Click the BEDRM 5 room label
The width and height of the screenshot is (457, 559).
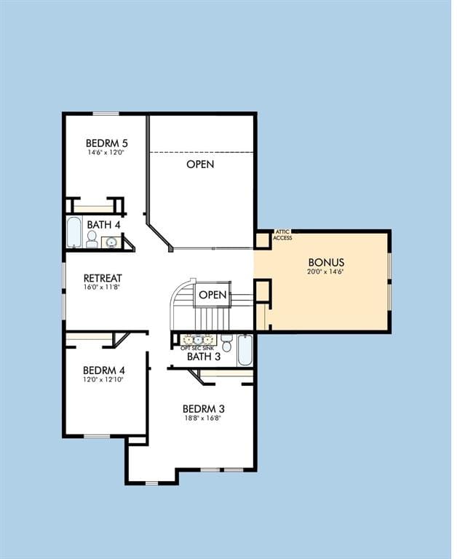coord(106,143)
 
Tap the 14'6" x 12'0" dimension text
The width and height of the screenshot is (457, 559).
coord(106,152)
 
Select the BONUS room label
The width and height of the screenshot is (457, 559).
coord(326,262)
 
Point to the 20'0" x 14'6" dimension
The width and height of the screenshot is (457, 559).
coord(325,271)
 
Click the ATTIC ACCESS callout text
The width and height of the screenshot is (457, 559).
coord(283,235)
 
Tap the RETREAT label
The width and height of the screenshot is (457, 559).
coord(103,278)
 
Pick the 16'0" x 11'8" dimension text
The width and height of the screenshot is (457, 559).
coord(101,287)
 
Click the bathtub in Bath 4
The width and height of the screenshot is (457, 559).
coord(74,231)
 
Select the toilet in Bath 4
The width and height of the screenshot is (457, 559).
coord(92,239)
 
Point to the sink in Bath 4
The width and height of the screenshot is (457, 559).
coord(111,242)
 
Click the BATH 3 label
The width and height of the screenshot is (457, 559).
coord(204,357)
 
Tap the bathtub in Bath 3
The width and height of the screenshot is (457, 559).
coord(245,350)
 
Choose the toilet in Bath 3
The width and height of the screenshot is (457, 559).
coord(226,343)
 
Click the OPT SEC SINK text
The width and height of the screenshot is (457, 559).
coord(197,349)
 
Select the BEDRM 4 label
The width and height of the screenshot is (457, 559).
coord(104,370)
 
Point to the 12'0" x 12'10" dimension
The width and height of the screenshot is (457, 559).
coord(103,380)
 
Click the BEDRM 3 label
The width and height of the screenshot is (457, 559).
coord(204,409)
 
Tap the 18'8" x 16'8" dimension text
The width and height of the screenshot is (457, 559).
coord(203,419)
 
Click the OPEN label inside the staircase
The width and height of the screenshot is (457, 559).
coord(212,295)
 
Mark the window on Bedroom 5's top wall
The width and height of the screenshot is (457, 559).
coord(106,114)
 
